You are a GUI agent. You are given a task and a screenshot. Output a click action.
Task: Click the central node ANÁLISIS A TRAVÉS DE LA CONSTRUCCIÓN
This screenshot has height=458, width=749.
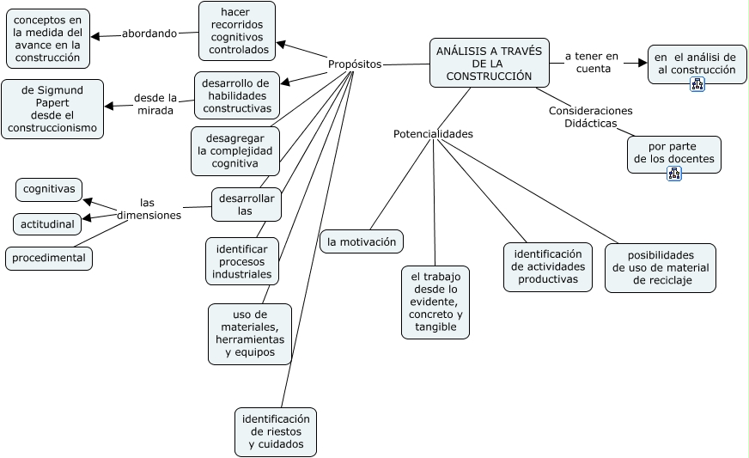click(489, 63)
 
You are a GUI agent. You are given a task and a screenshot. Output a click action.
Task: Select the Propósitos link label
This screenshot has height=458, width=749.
click(355, 64)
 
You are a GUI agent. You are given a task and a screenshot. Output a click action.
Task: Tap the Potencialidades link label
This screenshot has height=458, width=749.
click(433, 134)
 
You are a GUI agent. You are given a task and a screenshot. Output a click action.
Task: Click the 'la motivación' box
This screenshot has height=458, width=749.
click(362, 242)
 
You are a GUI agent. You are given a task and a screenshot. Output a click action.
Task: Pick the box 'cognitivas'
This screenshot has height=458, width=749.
click(49, 189)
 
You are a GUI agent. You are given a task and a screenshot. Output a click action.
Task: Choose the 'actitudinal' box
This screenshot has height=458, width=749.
click(47, 224)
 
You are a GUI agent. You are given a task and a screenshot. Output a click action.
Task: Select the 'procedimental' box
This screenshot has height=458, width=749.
click(49, 258)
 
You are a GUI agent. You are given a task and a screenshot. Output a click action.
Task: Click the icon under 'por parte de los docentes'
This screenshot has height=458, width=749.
click(674, 173)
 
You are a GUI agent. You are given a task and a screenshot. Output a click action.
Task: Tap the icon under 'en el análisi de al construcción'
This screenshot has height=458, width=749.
click(697, 84)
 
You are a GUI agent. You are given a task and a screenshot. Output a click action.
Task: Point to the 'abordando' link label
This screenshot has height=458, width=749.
click(149, 34)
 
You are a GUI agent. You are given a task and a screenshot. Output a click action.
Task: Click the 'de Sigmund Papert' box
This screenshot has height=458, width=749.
click(52, 109)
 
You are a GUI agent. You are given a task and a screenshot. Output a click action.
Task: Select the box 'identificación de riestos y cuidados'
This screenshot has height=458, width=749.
click(276, 431)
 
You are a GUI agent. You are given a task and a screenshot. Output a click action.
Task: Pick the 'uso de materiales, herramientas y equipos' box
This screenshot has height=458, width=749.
click(250, 333)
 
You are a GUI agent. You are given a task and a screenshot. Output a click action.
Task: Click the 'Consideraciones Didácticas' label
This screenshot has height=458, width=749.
click(590, 117)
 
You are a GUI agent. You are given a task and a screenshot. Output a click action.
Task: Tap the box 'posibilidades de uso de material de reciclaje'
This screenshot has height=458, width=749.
click(661, 268)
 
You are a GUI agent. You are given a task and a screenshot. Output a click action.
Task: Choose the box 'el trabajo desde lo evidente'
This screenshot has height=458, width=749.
click(435, 302)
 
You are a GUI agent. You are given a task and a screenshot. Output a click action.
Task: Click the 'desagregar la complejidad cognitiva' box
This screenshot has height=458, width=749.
click(235, 151)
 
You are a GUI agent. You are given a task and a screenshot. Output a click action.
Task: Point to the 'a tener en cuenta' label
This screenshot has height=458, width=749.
click(591, 63)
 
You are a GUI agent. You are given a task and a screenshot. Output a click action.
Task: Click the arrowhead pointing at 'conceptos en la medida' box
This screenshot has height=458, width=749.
click(95, 36)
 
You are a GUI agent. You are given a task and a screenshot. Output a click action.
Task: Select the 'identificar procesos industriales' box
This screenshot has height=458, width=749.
click(242, 261)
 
